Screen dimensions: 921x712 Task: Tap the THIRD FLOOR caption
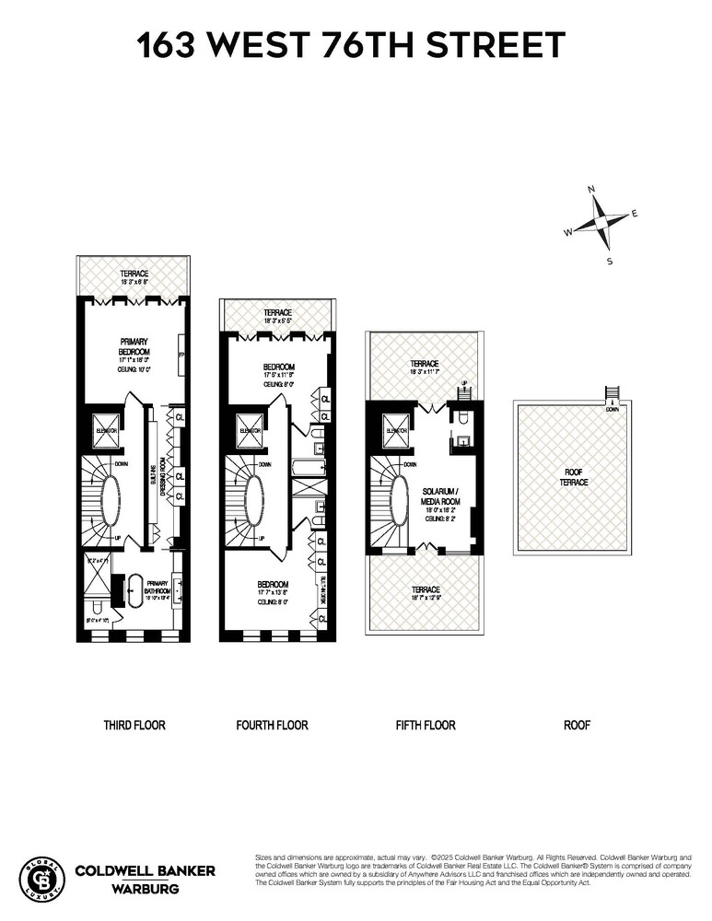click(x=134, y=726)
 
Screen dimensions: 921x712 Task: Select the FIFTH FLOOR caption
click(x=425, y=726)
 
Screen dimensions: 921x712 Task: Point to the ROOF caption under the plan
click(x=577, y=726)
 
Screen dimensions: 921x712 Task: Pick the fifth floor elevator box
click(x=398, y=430)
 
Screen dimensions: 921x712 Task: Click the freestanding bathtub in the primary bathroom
click(x=138, y=589)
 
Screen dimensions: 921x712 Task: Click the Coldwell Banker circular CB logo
click(x=41, y=878)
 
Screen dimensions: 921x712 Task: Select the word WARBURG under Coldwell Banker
click(x=145, y=890)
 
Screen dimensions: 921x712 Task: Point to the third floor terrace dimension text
click(x=133, y=283)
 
